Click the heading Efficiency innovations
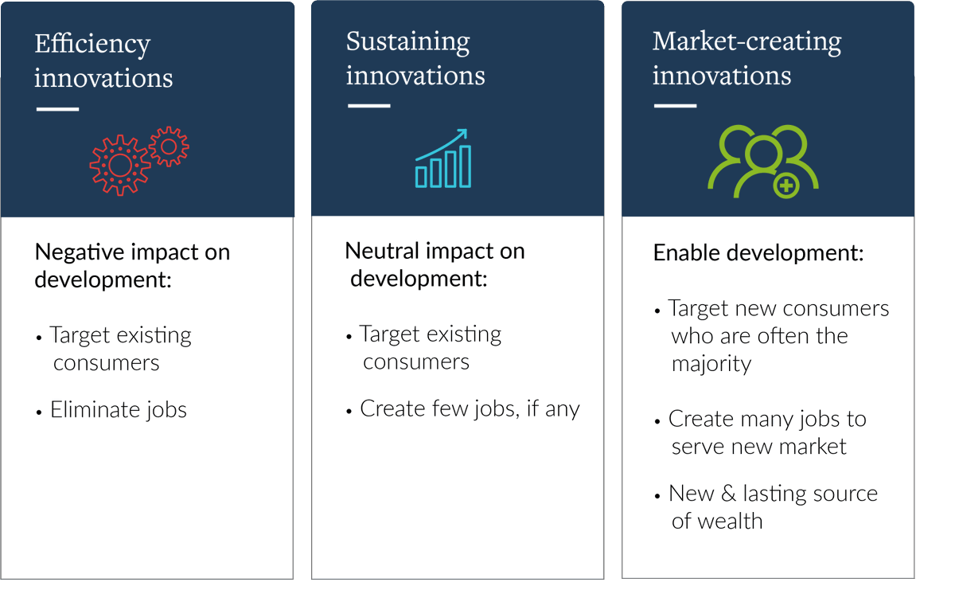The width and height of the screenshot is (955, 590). click(103, 61)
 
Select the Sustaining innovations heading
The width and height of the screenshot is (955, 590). click(415, 58)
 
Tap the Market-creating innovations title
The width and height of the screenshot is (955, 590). click(746, 58)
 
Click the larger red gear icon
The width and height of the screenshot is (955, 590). click(119, 165)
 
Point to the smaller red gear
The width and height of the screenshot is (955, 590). click(169, 146)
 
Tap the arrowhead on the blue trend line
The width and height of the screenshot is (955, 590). click(462, 133)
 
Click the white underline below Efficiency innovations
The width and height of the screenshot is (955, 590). click(57, 109)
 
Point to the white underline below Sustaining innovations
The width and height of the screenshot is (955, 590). click(368, 106)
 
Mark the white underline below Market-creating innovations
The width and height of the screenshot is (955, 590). click(675, 106)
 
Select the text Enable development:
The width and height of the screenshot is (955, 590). click(758, 254)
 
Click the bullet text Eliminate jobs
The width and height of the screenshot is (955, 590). click(118, 410)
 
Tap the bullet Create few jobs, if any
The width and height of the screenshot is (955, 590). click(470, 409)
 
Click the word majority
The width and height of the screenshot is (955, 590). click(711, 364)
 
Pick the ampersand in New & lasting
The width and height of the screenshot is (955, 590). click(727, 494)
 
